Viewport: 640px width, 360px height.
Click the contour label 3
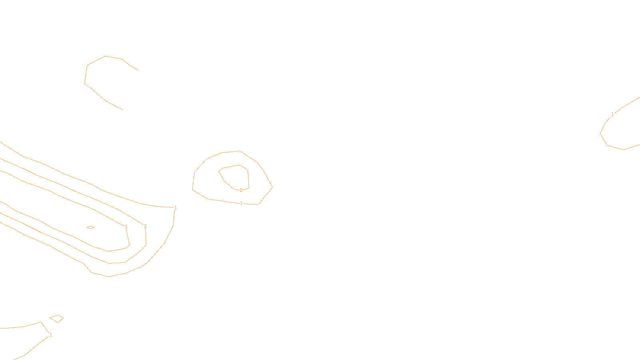click(126, 227)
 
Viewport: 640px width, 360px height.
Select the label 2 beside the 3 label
click(145, 226)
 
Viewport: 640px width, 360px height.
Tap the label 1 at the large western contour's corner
click(176, 208)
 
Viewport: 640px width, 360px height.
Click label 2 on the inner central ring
click(241, 190)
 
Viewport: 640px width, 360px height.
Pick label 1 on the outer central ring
click(241, 203)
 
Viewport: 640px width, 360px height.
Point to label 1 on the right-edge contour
click(612, 114)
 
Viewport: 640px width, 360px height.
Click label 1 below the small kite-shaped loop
click(51, 335)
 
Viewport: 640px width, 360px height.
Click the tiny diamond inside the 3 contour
click(91, 228)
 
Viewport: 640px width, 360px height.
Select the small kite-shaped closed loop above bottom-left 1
click(57, 319)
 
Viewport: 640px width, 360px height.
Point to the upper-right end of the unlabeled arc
click(138, 70)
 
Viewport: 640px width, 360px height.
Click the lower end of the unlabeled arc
click(122, 110)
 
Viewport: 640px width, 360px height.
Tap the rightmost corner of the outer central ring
click(272, 187)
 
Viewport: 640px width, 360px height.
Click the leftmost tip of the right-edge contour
click(600, 134)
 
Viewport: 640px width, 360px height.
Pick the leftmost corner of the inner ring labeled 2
click(219, 171)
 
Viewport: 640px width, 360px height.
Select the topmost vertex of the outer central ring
click(239, 151)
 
